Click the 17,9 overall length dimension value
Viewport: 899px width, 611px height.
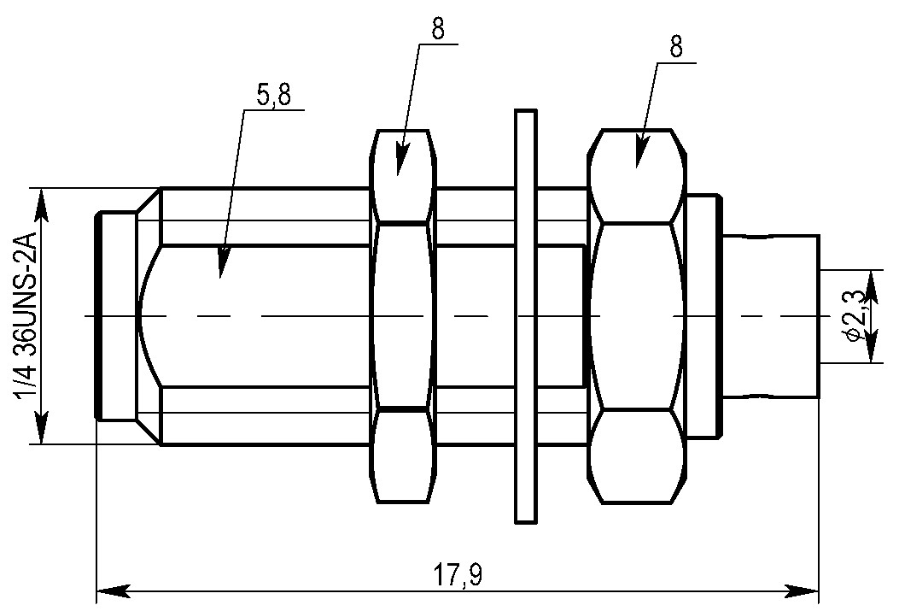coord(457,573)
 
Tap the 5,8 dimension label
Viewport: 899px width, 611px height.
coord(273,95)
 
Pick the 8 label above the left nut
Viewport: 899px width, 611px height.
coord(438,29)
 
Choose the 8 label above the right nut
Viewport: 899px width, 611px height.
coord(676,46)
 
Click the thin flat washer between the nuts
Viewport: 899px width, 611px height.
coord(526,316)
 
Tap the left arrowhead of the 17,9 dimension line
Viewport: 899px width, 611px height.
coord(114,590)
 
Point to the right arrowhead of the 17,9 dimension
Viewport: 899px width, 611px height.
coord(801,590)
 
